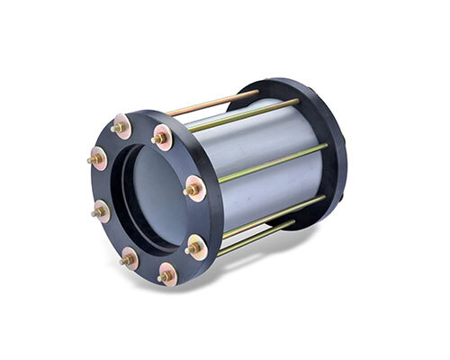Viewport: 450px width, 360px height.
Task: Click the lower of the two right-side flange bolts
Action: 193,246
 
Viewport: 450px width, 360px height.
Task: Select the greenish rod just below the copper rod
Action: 243,115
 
